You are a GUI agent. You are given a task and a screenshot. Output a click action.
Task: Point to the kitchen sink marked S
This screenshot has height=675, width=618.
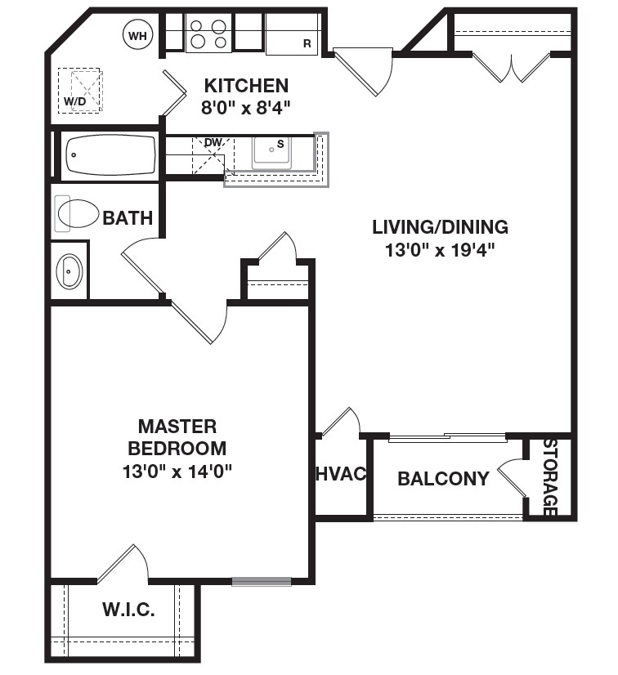(271, 151)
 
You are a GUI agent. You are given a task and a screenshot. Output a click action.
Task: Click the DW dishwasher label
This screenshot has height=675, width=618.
(213, 143)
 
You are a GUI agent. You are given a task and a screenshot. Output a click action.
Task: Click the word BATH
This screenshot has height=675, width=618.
(128, 218)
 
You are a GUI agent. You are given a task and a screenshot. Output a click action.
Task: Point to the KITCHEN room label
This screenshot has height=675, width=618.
(245, 85)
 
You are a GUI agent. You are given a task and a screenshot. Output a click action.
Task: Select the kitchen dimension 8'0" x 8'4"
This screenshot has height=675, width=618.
(245, 106)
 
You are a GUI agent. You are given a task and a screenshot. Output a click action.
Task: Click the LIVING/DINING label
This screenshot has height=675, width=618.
(440, 227)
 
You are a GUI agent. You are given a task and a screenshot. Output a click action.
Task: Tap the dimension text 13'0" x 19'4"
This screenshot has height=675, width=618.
(440, 250)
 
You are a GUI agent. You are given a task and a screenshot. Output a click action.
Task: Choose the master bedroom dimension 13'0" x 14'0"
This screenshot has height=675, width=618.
(177, 471)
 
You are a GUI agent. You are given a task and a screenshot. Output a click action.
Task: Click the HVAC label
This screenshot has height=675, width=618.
(340, 475)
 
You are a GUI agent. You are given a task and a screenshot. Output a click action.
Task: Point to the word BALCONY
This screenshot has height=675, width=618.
(443, 479)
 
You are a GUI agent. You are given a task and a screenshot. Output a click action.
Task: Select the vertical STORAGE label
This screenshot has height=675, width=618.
(550, 477)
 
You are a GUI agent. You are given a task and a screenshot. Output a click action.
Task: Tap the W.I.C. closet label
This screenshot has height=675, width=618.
(128, 610)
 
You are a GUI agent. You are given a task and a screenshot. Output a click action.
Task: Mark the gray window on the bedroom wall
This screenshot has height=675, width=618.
(261, 582)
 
